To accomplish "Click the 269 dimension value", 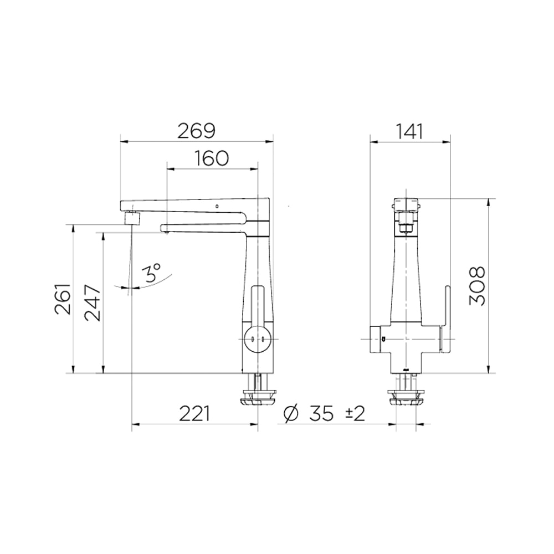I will point(196,131).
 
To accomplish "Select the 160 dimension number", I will point(212,158).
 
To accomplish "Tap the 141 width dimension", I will point(410,131).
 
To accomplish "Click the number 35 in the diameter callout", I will point(322,413).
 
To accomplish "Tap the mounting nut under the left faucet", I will point(258,397).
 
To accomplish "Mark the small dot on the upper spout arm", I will point(217,207).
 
